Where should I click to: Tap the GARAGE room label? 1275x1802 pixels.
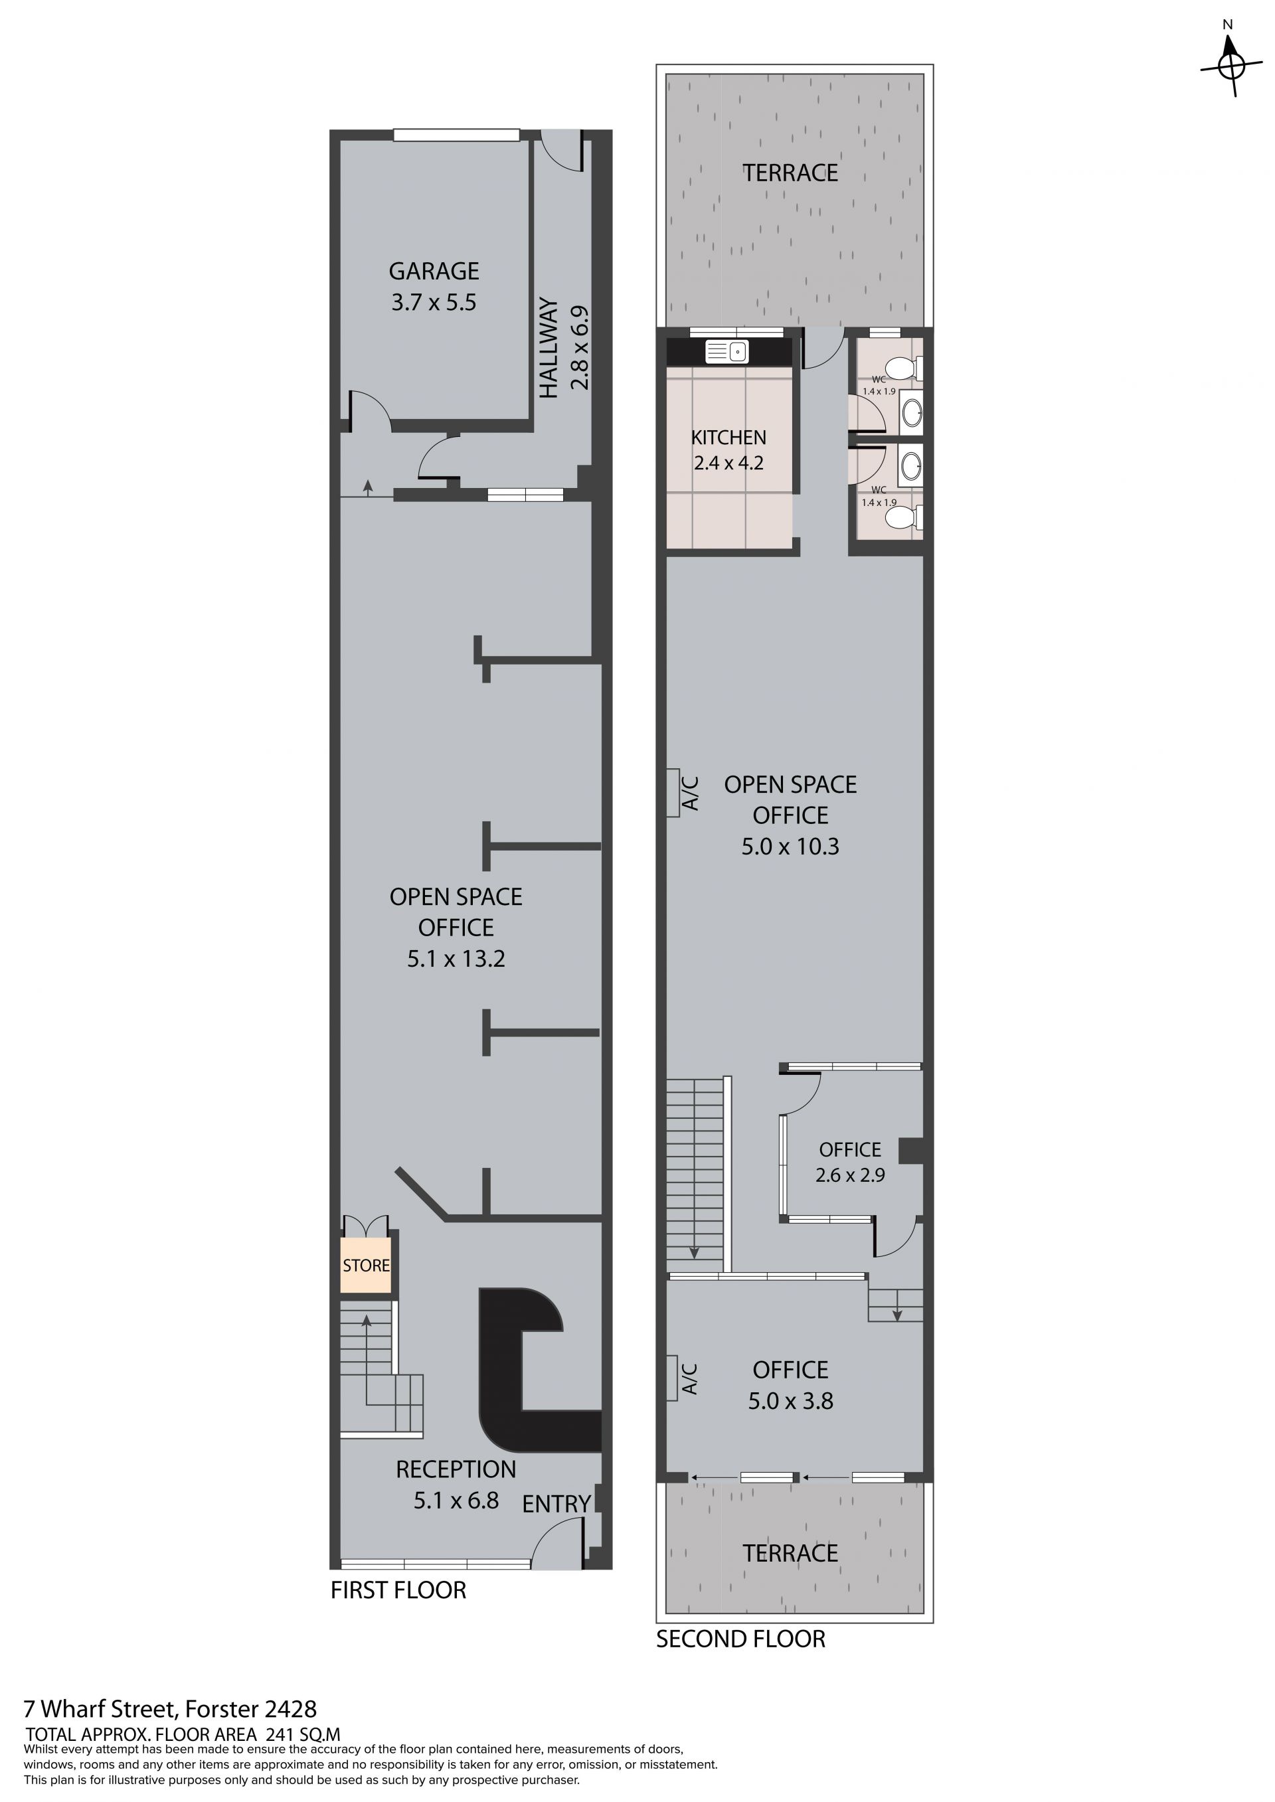(434, 272)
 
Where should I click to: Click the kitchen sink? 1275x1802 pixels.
(726, 352)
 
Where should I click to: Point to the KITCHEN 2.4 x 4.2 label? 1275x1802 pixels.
(728, 450)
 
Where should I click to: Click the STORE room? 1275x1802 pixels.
(366, 1265)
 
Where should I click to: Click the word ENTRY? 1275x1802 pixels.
(556, 1504)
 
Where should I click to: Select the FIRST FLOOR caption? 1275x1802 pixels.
(398, 1590)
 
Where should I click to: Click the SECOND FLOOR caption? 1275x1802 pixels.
(740, 1639)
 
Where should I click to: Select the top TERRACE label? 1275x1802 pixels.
(791, 173)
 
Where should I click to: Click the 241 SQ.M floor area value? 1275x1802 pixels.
(303, 1734)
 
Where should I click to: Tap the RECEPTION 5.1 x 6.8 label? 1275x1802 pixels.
(456, 1485)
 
